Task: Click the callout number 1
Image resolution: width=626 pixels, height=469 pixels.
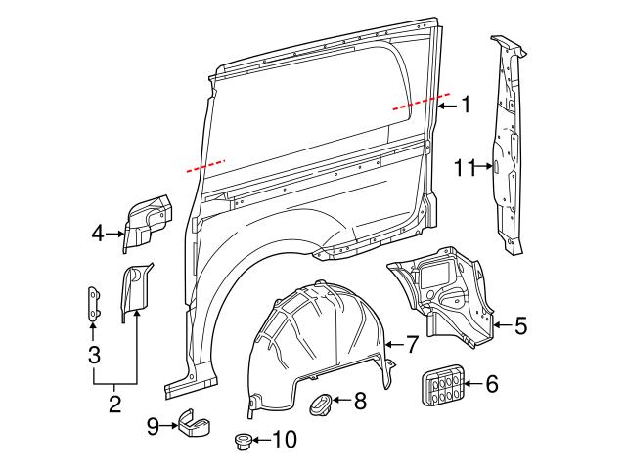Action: (x=467, y=105)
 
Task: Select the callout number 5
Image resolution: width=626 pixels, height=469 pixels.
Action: (x=520, y=326)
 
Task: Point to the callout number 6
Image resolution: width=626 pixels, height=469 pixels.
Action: (x=492, y=384)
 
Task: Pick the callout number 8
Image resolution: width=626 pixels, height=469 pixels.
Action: (x=360, y=400)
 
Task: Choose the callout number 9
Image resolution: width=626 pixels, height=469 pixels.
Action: (x=153, y=425)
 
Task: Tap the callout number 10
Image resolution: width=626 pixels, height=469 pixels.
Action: (x=284, y=441)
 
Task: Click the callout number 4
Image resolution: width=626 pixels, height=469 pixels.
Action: (x=97, y=233)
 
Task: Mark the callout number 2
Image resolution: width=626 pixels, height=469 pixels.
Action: (x=114, y=403)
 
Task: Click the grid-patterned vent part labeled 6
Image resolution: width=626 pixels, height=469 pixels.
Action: (x=441, y=384)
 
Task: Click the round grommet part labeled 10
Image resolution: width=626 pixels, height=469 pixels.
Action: (x=245, y=443)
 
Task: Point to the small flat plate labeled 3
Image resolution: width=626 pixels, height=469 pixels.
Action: (x=93, y=302)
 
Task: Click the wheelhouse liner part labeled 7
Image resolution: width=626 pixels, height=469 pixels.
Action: (x=313, y=342)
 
